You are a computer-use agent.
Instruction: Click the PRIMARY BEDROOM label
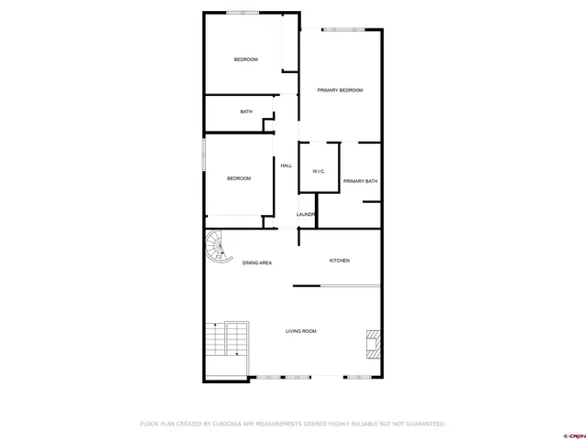[x=340, y=90]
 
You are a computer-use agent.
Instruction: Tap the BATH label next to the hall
[x=246, y=112]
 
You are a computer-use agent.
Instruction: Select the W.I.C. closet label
[x=319, y=171]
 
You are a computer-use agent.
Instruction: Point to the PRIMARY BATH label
[x=360, y=181]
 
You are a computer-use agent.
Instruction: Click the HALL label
[x=286, y=166]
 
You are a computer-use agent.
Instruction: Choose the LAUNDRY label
[x=306, y=215]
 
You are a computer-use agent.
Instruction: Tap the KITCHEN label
[x=339, y=261]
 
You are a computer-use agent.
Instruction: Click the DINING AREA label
[x=256, y=263]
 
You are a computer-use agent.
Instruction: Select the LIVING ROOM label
[x=300, y=331]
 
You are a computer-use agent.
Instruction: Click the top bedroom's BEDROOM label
[x=245, y=59]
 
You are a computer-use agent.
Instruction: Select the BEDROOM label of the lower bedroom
[x=239, y=178]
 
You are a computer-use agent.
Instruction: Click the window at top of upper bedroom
[x=244, y=13]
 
